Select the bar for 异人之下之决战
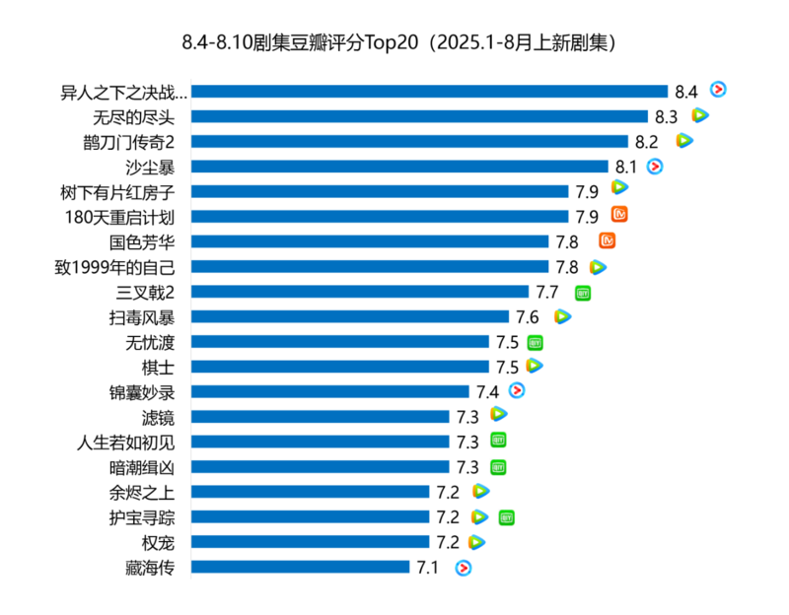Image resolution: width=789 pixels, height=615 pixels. [429, 91]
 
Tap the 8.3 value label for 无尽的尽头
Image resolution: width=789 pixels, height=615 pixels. [666, 116]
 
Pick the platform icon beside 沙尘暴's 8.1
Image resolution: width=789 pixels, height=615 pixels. [654, 166]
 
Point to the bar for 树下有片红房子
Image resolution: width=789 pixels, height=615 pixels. [380, 191]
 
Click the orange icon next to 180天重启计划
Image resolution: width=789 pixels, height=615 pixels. [620, 214]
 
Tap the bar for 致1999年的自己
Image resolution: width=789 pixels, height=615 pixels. [369, 266]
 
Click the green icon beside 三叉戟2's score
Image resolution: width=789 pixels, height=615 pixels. [583, 292]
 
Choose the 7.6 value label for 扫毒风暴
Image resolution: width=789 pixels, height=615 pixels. [528, 317]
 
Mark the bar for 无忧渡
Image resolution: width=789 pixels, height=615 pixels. [339, 342]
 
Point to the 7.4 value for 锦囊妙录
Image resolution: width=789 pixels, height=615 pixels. [487, 392]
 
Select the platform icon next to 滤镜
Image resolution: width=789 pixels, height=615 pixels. [499, 415]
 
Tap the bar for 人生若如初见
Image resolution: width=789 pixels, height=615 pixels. [320, 442]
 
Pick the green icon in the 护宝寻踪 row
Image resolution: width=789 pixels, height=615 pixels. [507, 516]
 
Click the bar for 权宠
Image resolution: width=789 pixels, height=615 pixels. [310, 542]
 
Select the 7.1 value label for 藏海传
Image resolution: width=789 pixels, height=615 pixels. [428, 568]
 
